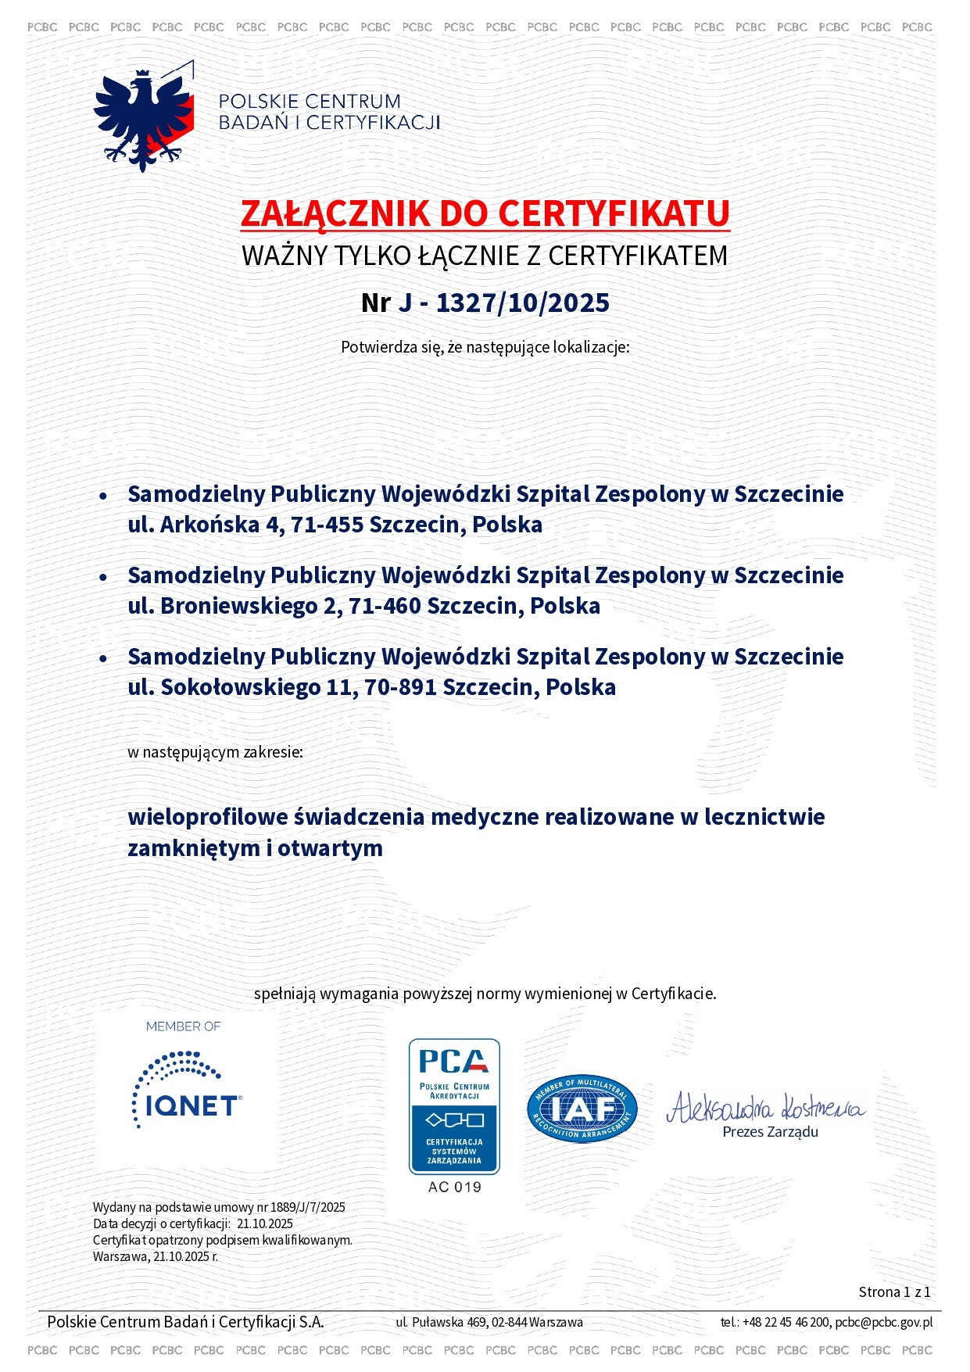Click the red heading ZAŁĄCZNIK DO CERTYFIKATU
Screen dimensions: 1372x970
coord(485,213)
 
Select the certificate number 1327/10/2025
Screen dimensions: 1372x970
coord(522,303)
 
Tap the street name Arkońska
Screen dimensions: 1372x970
coord(209,525)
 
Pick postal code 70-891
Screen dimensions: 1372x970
coord(400,687)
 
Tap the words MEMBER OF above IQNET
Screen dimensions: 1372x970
coord(184,1026)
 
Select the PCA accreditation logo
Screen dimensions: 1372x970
coord(454,1105)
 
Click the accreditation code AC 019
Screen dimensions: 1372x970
coord(454,1187)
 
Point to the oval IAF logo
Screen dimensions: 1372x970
coord(582,1108)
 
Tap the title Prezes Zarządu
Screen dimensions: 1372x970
coord(770,1132)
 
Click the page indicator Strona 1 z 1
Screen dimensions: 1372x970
coord(894,1291)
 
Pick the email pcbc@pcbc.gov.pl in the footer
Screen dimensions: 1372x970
coord(883,1322)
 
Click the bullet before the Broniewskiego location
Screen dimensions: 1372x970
coord(103,577)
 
